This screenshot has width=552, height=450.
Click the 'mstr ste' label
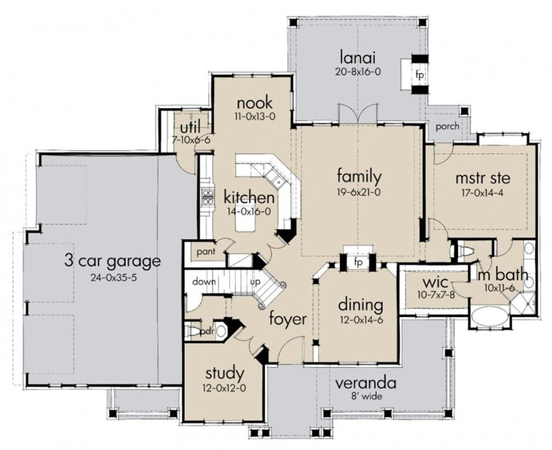pyautogui.click(x=480, y=178)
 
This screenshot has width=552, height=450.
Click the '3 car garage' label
pyautogui.click(x=112, y=261)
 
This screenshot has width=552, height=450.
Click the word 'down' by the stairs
pyautogui.click(x=201, y=283)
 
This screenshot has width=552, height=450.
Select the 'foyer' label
pyautogui.click(x=288, y=319)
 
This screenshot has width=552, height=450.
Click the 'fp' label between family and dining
pyautogui.click(x=358, y=263)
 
